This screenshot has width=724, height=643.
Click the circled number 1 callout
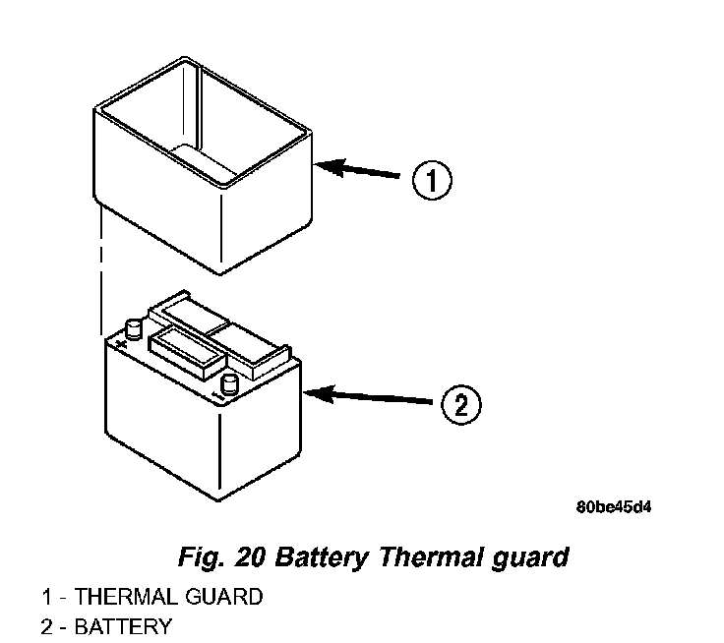tap(431, 182)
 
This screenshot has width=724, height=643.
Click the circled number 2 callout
tap(460, 404)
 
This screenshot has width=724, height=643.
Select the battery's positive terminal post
tap(132, 327)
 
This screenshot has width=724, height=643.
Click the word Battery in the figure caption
tap(321, 557)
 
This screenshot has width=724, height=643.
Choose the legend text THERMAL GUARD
tap(168, 596)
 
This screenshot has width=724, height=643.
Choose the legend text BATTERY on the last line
tap(123, 626)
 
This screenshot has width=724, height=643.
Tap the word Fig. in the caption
tap(202, 557)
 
